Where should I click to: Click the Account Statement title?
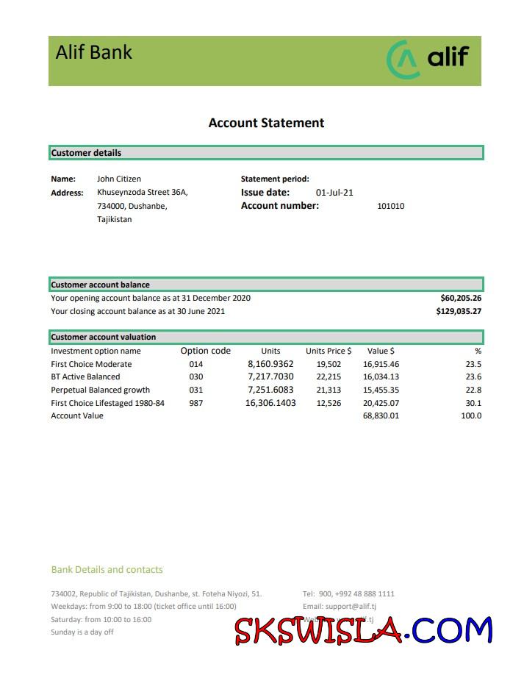click(266, 123)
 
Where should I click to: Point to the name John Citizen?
click(119, 179)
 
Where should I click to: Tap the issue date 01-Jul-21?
click(334, 193)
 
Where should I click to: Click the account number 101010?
click(390, 207)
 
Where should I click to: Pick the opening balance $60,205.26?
click(461, 298)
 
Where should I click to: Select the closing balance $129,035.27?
click(459, 311)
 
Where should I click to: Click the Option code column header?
click(206, 351)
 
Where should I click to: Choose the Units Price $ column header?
click(329, 351)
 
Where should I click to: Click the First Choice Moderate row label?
click(91, 364)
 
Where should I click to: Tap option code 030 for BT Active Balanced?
click(195, 377)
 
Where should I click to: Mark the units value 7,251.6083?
click(270, 390)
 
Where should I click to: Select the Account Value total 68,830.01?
click(381, 416)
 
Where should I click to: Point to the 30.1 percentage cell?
click(473, 403)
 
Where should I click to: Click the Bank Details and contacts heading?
click(107, 569)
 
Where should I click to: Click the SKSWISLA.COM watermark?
click(363, 630)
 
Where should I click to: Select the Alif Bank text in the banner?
click(94, 52)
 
